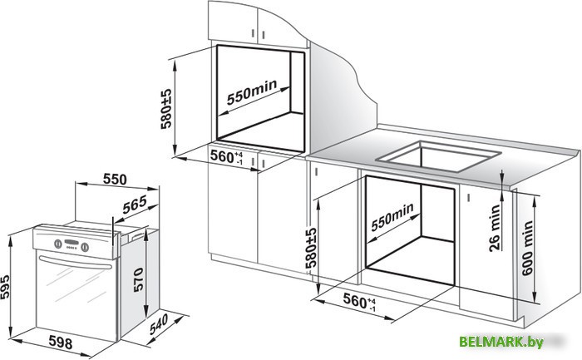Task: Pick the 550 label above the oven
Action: tap(116, 179)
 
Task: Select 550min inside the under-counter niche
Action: tap(391, 216)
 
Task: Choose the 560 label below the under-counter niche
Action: tap(355, 300)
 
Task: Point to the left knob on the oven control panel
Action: tap(55, 244)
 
